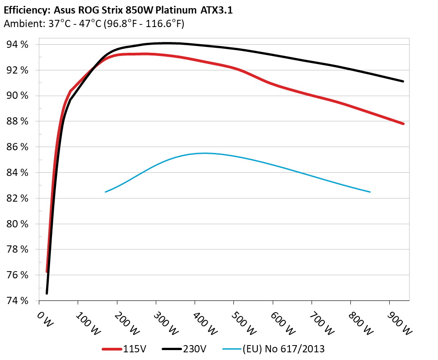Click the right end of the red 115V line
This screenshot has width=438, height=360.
(403, 124)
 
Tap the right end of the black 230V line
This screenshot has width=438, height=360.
(403, 81)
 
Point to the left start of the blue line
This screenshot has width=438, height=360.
(106, 192)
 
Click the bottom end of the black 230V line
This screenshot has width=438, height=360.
(47, 293)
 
